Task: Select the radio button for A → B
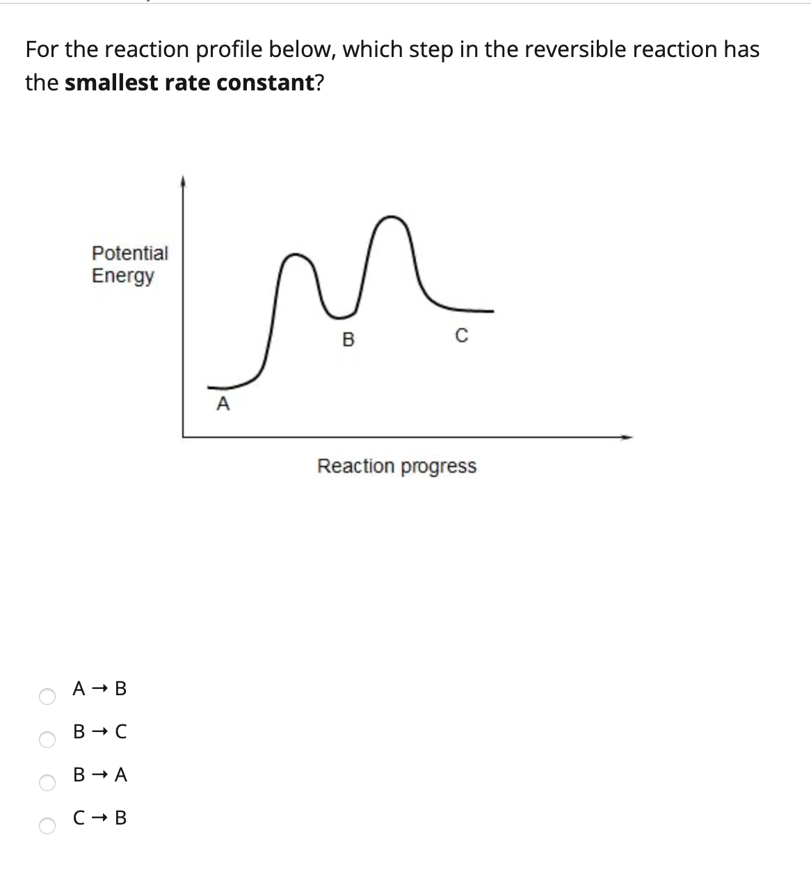[47, 697]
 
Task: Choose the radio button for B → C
[47, 740]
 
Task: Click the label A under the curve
[223, 404]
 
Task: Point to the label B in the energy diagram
[349, 340]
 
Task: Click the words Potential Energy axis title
[129, 264]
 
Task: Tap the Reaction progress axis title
[396, 466]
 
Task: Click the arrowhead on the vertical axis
[183, 181]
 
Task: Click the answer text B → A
[100, 774]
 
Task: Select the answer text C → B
[100, 818]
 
